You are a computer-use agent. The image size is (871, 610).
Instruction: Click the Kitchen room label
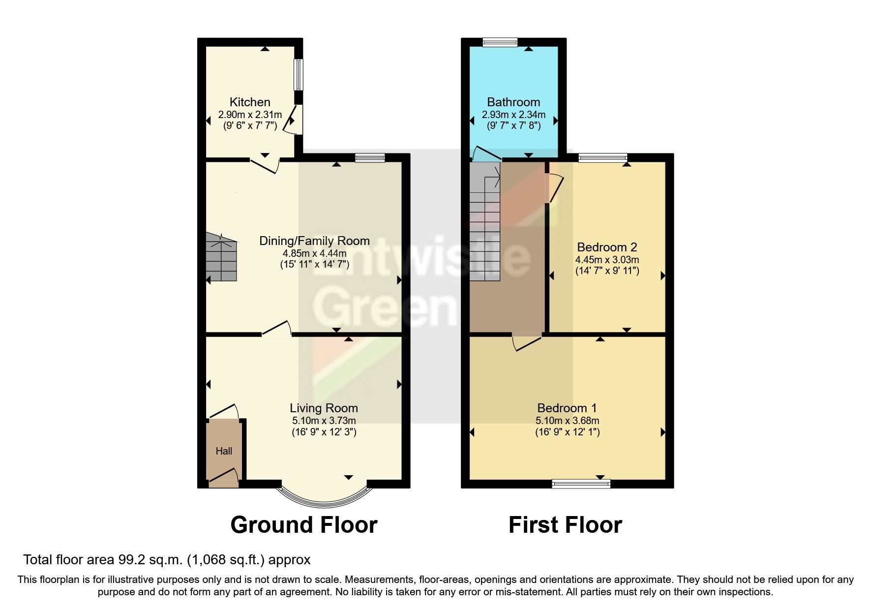[250, 102]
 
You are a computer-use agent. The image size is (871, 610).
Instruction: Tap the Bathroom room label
[513, 102]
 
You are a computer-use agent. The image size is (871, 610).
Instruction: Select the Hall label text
[224, 451]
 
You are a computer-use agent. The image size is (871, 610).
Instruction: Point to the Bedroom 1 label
[567, 408]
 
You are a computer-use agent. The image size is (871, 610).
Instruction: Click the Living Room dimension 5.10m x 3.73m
[324, 421]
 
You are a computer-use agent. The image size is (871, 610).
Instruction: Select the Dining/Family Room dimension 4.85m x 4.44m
[314, 253]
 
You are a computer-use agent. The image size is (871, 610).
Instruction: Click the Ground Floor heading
[303, 525]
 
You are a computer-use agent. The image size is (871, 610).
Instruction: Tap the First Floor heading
[565, 525]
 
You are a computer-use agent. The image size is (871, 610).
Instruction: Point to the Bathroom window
[500, 42]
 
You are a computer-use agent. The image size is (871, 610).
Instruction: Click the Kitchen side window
[299, 75]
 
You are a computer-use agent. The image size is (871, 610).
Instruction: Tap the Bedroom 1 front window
[581, 484]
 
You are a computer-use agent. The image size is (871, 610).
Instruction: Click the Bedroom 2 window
[602, 157]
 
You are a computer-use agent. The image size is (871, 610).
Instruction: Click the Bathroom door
[485, 154]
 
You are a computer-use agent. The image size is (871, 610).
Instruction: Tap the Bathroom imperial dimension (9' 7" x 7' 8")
[513, 125]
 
